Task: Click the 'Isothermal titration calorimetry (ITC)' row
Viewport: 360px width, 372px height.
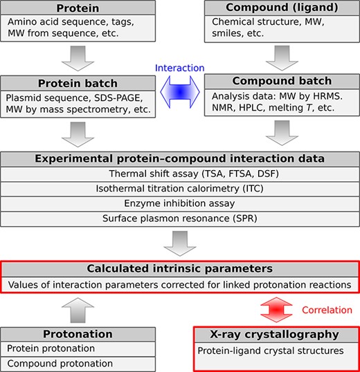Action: (180, 189)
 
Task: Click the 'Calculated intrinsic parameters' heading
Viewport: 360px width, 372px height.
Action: (180, 268)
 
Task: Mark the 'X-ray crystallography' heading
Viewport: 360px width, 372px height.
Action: (275, 335)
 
